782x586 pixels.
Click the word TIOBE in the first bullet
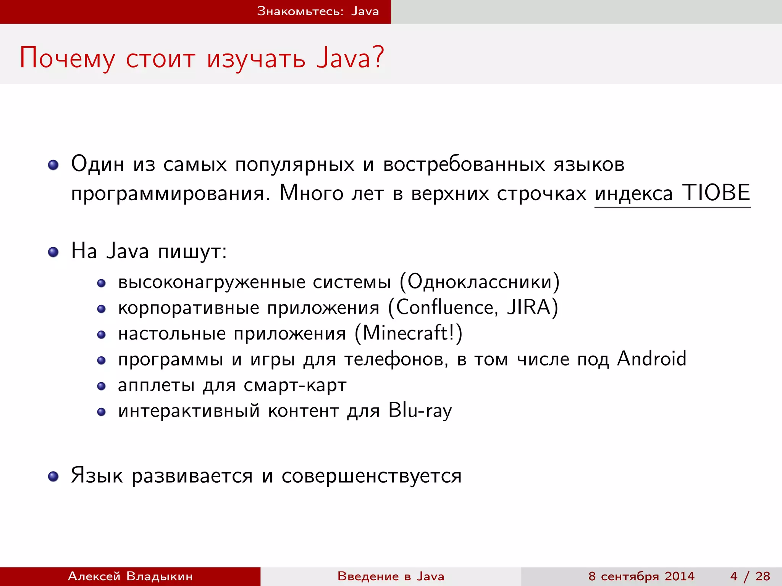716,193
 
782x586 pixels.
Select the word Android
651,359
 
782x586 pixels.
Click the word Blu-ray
420,411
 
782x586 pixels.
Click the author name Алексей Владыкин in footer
130,576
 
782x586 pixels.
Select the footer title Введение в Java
391,576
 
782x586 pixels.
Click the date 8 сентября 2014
641,576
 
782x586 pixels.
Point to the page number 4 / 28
750,576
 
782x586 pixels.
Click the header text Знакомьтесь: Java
318,11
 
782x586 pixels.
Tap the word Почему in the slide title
67,58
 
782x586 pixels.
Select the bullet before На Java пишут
53,252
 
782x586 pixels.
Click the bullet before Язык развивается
53,477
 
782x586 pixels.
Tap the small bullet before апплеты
101,386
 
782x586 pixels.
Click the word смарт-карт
295,385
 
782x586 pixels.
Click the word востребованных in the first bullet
464,165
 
